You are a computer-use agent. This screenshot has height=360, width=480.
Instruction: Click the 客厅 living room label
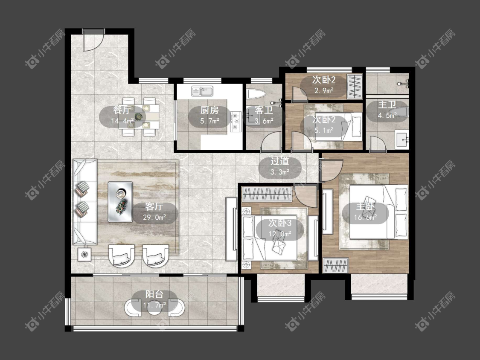[154, 206]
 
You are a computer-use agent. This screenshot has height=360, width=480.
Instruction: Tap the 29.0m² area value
[154, 218]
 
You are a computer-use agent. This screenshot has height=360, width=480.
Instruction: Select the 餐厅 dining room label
[122, 110]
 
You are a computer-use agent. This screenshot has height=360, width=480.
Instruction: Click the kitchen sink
[202, 91]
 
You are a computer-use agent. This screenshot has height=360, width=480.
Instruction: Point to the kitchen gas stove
[236, 121]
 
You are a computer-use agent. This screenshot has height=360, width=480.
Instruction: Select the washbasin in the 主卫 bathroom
[401, 140]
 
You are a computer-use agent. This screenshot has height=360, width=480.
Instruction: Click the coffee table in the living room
[120, 202]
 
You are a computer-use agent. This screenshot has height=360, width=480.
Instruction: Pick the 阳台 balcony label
[154, 294]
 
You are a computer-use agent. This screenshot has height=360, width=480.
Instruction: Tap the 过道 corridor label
[280, 161]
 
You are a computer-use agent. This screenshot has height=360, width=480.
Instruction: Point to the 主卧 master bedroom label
[365, 206]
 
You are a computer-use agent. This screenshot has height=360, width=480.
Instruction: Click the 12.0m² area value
[280, 234]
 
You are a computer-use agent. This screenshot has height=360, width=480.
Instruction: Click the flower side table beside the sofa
[84, 254]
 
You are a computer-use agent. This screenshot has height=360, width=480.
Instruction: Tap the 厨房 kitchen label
[209, 110]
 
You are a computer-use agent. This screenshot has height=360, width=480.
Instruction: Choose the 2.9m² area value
[324, 90]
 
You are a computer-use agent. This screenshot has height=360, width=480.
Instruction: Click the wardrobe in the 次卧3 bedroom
[266, 194]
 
